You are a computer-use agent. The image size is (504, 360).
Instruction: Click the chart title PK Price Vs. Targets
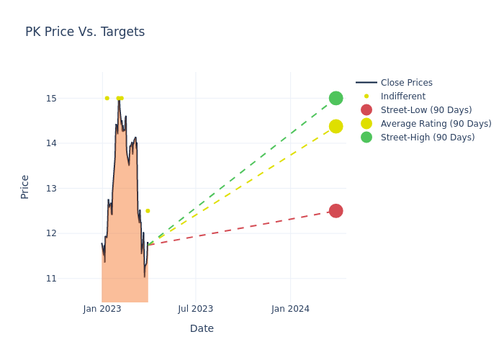pyautogui.click(x=85, y=32)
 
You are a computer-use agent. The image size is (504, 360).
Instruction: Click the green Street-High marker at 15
pyautogui.click(x=336, y=98)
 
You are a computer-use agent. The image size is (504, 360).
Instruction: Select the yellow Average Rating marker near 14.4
pyautogui.click(x=336, y=126)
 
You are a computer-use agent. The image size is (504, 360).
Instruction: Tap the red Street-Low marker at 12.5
pyautogui.click(x=336, y=211)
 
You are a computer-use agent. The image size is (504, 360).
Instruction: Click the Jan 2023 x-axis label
pyautogui.click(x=102, y=309)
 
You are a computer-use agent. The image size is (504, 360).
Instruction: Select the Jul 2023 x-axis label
pyautogui.click(x=196, y=309)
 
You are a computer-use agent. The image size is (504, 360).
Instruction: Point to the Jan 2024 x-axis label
pyautogui.click(x=290, y=309)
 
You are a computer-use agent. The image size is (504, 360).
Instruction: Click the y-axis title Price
pyautogui.click(x=25, y=186)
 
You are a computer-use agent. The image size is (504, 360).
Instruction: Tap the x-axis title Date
pyautogui.click(x=202, y=328)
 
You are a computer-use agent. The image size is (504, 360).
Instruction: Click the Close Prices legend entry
pyautogui.click(x=406, y=83)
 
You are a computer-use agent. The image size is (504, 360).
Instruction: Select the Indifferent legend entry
pyautogui.click(x=402, y=96)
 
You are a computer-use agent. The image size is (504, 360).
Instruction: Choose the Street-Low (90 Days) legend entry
pyautogui.click(x=426, y=110)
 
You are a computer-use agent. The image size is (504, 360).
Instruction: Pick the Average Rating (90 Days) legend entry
pyautogui.click(x=436, y=124)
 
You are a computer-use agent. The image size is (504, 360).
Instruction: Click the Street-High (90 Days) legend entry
pyautogui.click(x=427, y=138)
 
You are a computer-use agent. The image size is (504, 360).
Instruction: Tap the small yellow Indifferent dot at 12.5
pyautogui.click(x=148, y=211)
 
